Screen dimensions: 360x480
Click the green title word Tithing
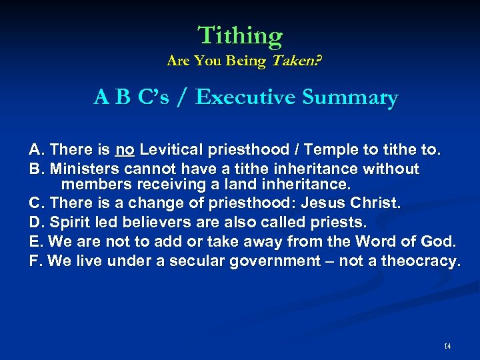pos(240,35)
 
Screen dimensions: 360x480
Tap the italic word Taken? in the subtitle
pos(294,61)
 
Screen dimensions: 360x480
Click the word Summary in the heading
pos(350,97)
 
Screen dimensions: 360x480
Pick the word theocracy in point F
pos(420,261)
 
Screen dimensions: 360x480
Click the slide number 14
pos(447,346)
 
